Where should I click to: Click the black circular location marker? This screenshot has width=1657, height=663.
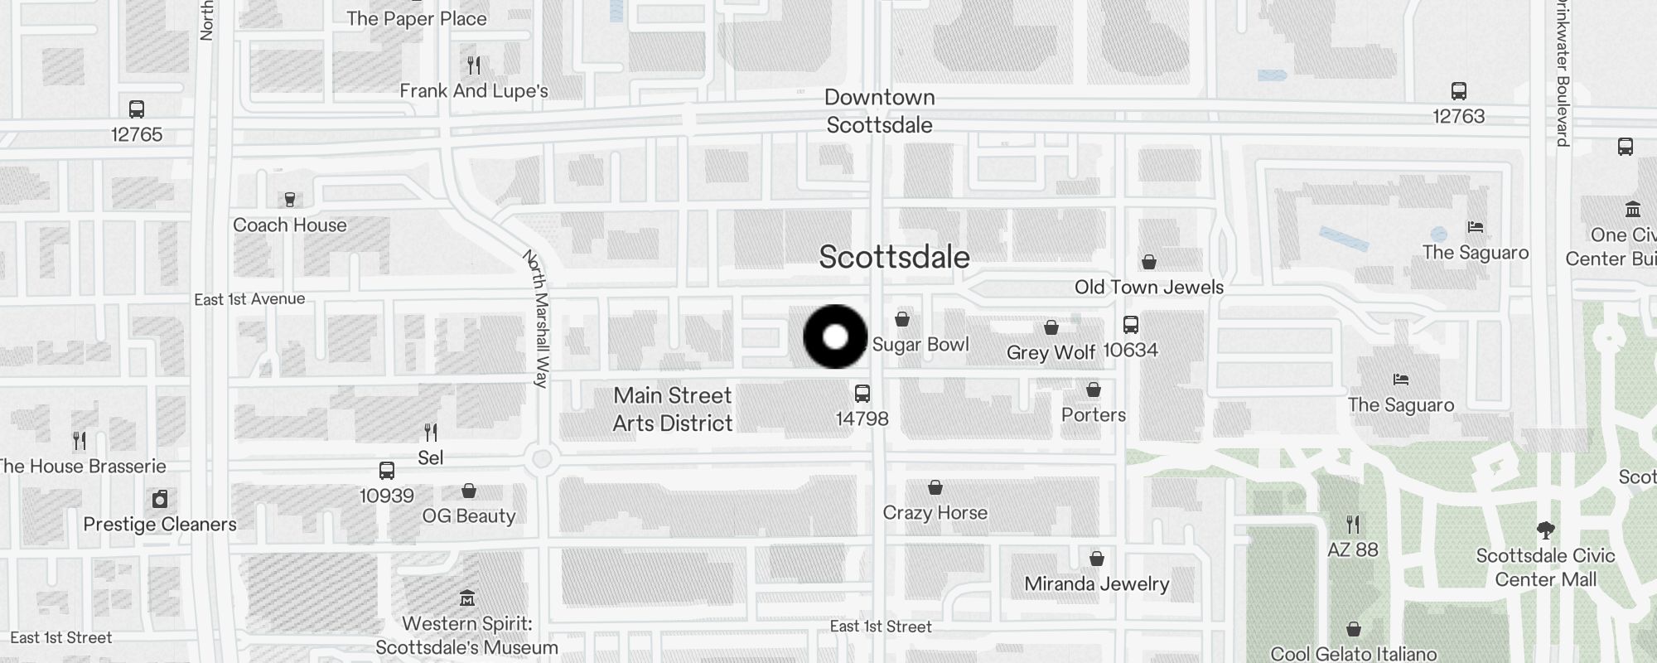tap(835, 336)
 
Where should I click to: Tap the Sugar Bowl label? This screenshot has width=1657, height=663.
tap(920, 345)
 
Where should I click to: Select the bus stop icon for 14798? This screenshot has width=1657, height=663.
tap(862, 394)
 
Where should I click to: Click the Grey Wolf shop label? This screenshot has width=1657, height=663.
tap(1051, 352)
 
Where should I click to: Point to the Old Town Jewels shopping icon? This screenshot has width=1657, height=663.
tap(1149, 263)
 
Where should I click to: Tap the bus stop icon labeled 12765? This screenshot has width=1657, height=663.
tap(137, 109)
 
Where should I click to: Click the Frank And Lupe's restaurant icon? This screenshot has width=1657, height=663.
tap(474, 65)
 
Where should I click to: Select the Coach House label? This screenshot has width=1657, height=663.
tap(289, 225)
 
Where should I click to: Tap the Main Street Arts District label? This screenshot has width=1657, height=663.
tap(673, 409)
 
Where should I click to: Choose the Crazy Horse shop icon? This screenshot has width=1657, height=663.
tap(935, 487)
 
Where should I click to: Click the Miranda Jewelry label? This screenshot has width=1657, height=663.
tap(1096, 584)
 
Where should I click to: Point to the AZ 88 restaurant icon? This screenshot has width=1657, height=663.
tap(1353, 525)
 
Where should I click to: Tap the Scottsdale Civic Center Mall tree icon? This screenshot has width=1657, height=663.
tap(1545, 530)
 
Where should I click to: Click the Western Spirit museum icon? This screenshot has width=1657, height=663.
tap(467, 598)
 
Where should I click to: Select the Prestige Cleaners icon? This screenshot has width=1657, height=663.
tap(160, 499)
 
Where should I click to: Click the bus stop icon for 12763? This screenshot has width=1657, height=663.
tap(1459, 91)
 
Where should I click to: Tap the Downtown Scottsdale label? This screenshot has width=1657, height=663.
tap(879, 111)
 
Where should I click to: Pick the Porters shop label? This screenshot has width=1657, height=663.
tap(1094, 415)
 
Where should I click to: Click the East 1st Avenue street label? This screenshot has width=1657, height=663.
tap(249, 299)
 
